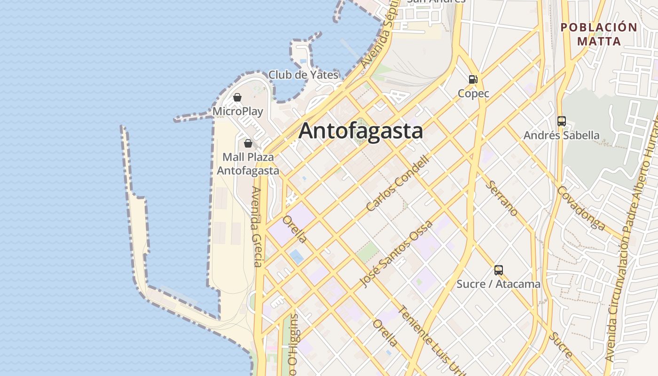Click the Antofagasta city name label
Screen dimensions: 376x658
click(x=360, y=131)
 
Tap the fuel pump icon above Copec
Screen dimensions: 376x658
click(x=473, y=79)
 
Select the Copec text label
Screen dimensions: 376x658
click(x=473, y=94)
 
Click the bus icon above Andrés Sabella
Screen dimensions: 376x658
click(x=562, y=121)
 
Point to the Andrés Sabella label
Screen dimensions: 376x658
click(x=561, y=135)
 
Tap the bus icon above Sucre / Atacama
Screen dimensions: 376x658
click(x=499, y=270)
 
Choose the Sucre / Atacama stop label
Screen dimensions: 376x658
click(x=498, y=284)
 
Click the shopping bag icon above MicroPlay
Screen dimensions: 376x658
click(x=237, y=97)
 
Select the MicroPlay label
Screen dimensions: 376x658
click(x=238, y=111)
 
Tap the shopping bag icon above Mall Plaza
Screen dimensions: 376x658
click(x=248, y=143)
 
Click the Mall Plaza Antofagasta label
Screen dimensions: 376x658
click(x=248, y=164)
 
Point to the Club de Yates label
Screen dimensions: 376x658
click(x=303, y=75)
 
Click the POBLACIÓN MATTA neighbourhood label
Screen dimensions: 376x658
click(x=599, y=34)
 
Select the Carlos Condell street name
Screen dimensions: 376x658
click(x=398, y=183)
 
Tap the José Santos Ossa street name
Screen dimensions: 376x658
click(x=389, y=253)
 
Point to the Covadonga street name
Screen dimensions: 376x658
click(x=581, y=208)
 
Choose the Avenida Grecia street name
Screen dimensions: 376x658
click(x=256, y=227)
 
